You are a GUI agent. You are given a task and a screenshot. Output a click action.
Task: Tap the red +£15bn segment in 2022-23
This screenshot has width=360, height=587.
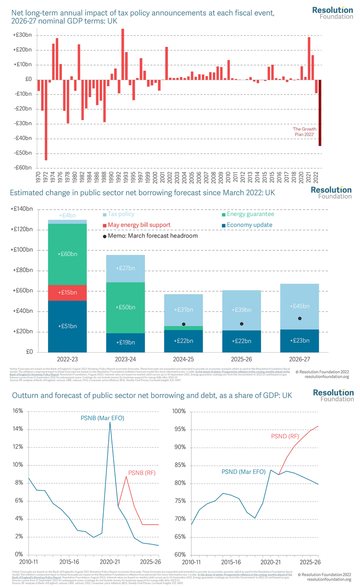[67, 293]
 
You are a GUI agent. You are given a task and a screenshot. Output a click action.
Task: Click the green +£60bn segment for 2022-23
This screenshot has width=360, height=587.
[67, 254]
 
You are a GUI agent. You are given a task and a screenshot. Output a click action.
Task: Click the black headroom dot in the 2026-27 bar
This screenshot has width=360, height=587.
[300, 318]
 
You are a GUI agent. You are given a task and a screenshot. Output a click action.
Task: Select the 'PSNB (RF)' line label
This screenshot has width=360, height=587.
[135, 473]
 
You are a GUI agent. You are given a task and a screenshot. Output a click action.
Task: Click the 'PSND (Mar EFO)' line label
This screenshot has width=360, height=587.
[243, 471]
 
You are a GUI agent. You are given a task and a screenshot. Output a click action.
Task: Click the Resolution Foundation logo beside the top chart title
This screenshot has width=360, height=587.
[332, 12]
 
